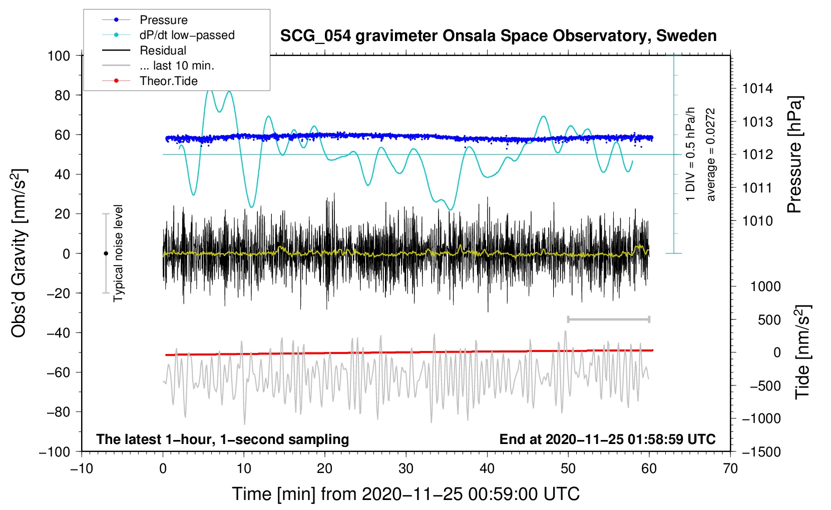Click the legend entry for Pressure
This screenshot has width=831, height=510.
click(145, 19)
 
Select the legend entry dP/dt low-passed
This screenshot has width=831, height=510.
click(168, 35)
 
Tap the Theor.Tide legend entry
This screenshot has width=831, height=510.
click(150, 81)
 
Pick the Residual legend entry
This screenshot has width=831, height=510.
click(144, 50)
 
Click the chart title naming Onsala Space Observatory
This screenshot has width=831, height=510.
click(498, 35)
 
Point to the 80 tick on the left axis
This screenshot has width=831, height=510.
click(62, 95)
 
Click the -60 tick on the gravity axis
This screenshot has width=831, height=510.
click(58, 372)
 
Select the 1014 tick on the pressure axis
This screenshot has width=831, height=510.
click(757, 88)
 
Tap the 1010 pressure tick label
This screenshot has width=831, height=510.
click(757, 221)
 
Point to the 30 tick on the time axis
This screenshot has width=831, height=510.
click(406, 468)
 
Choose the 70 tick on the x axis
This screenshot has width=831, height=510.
click(730, 468)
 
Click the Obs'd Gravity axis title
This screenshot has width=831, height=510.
click(19, 253)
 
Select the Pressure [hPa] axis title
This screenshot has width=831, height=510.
click(794, 154)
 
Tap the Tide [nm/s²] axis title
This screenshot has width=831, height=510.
click(802, 352)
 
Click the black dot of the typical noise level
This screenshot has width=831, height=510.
click(106, 253)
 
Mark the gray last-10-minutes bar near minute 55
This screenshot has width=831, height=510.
click(608, 319)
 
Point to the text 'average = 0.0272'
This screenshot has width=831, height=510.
click(710, 154)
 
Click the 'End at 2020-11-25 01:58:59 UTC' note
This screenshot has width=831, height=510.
click(607, 439)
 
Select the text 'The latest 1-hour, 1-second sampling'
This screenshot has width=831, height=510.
click(223, 439)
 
